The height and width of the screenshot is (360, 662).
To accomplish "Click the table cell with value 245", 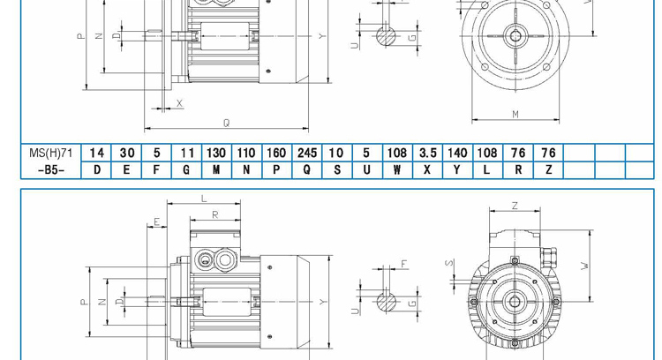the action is [307, 153].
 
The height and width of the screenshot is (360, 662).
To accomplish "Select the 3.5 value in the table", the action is [427, 153].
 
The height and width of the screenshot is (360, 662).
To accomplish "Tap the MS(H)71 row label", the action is [50, 153].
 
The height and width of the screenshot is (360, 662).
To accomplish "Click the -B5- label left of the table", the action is [50, 170].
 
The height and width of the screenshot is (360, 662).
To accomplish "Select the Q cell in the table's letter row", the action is [307, 170].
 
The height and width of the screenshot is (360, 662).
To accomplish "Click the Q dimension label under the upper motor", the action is [227, 123].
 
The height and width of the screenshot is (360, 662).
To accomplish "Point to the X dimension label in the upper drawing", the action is [179, 103].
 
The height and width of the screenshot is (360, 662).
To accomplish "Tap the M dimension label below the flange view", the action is [515, 115].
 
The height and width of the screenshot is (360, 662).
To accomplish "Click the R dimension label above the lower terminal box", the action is [214, 214].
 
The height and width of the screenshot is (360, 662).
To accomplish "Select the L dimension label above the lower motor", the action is [204, 199].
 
